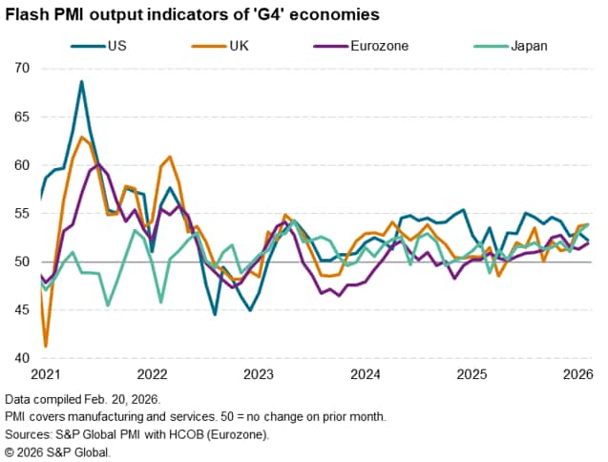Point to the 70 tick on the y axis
click(23, 69)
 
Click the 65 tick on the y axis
click(23, 117)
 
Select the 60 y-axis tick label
click(23, 165)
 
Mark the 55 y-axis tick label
click(23, 214)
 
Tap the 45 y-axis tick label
click(23, 310)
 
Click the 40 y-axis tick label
click(23, 359)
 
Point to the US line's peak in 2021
click(82, 81)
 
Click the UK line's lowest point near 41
click(46, 346)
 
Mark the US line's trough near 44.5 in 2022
click(215, 314)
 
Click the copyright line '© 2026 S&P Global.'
click(57, 451)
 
